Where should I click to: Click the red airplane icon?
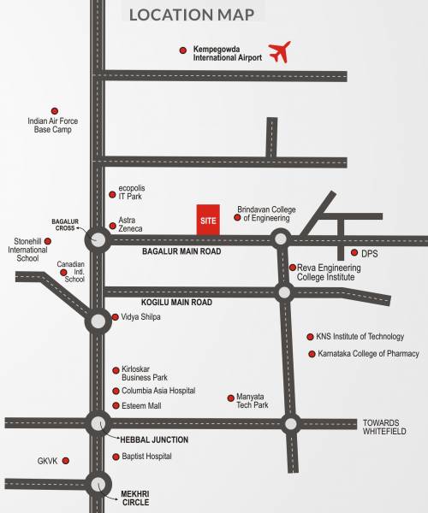pos(280,52)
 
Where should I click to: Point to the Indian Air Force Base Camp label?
pos(54,126)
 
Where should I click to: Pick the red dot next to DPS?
pos(354,253)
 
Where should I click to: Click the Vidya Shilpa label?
pos(140,317)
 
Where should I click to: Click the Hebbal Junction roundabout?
pos(97,422)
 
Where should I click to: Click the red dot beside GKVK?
pos(65,461)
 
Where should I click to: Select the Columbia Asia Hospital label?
pos(158,391)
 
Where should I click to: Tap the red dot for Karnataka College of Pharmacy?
pos(312,354)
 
